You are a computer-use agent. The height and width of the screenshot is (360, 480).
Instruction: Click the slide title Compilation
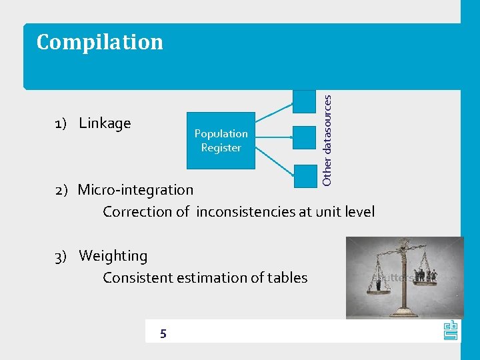(99, 42)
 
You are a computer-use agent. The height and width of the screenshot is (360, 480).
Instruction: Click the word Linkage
(105, 123)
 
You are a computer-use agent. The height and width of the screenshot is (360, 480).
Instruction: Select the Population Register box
(221, 140)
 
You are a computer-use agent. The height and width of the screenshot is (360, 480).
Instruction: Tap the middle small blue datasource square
(304, 137)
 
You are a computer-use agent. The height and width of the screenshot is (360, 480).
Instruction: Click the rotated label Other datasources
(327, 140)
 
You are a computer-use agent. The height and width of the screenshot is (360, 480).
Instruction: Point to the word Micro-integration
(135, 189)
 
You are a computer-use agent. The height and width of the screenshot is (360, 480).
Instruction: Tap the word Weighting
(113, 256)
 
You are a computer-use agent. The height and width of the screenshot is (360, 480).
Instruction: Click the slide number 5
(163, 333)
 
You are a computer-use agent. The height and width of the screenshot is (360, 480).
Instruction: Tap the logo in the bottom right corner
(450, 330)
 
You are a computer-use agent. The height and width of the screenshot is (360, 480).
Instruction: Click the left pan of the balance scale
(379, 287)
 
